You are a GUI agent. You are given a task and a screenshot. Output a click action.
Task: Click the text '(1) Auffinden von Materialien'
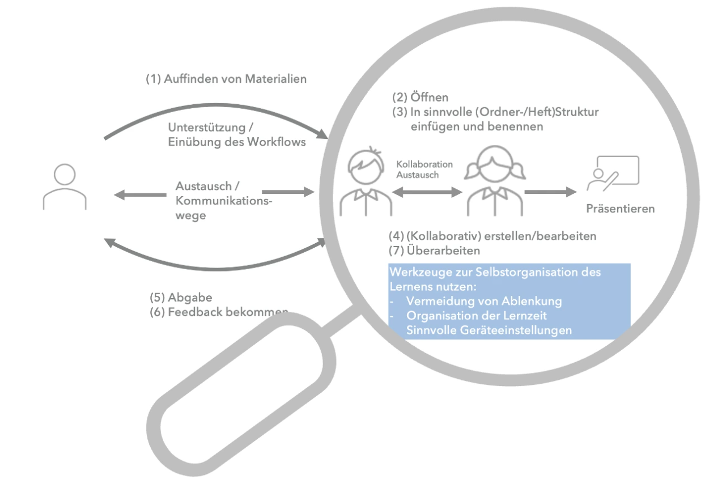pyautogui.click(x=226, y=79)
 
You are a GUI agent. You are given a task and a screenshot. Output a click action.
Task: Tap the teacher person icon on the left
pyautogui.click(x=65, y=187)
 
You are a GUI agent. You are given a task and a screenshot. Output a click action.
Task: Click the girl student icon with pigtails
pyautogui.click(x=491, y=183)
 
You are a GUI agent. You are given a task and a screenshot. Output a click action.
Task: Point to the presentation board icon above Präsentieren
pyautogui.click(x=613, y=173)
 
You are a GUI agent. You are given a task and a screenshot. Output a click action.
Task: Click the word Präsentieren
pyautogui.click(x=620, y=209)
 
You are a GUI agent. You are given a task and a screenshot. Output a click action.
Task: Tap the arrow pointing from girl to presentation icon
pyautogui.click(x=549, y=192)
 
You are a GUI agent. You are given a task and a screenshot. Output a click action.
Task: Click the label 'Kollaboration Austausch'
pyautogui.click(x=424, y=169)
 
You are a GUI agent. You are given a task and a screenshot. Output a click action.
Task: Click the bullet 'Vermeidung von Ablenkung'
pyautogui.click(x=472, y=301)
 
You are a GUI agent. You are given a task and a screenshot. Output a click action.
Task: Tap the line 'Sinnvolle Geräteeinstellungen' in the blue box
pyautogui.click(x=489, y=330)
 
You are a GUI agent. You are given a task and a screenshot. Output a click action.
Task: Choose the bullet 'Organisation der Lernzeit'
pyautogui.click(x=476, y=316)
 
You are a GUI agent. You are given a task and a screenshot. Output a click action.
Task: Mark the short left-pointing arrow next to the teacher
pyautogui.click(x=139, y=195)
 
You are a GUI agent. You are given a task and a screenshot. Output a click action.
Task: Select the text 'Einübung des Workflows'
pyautogui.click(x=237, y=142)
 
